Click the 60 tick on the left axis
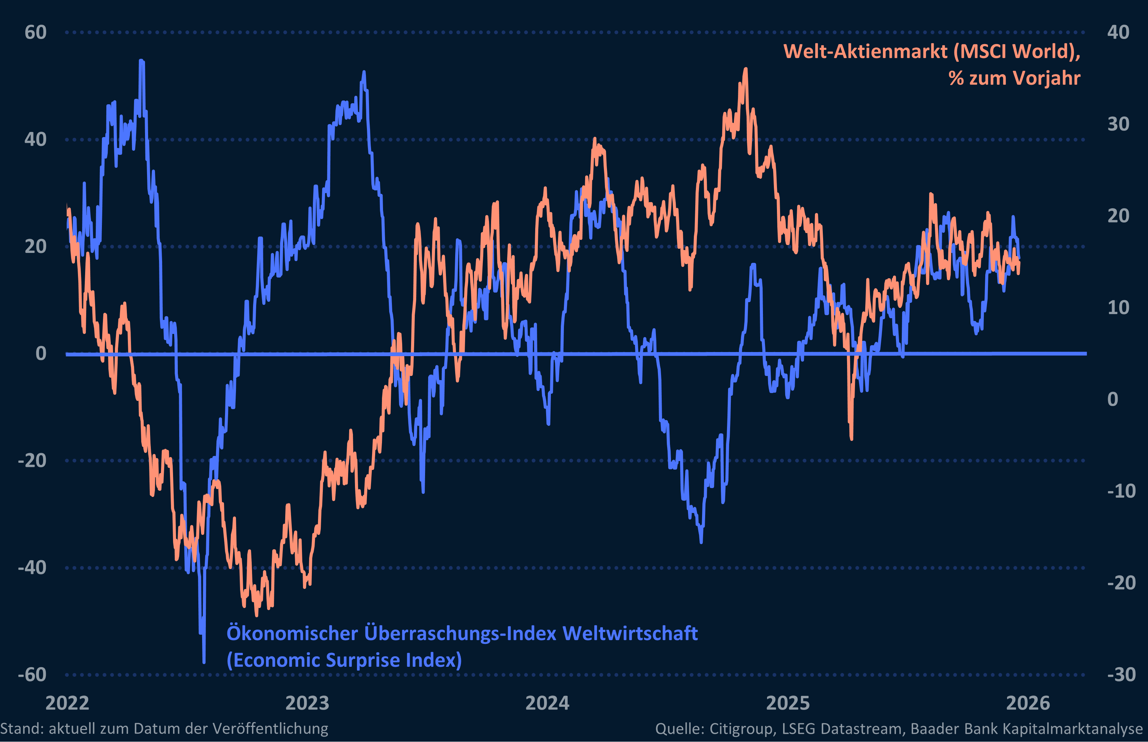coord(35,33)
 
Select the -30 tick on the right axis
coord(1121,675)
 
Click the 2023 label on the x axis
coord(307,703)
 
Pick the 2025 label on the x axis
coord(788,703)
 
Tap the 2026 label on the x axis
coord(1028,703)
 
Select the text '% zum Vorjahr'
coord(1015,78)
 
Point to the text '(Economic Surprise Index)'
coord(344,660)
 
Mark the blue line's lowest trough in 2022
coord(204,662)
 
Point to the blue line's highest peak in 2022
coord(141,61)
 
